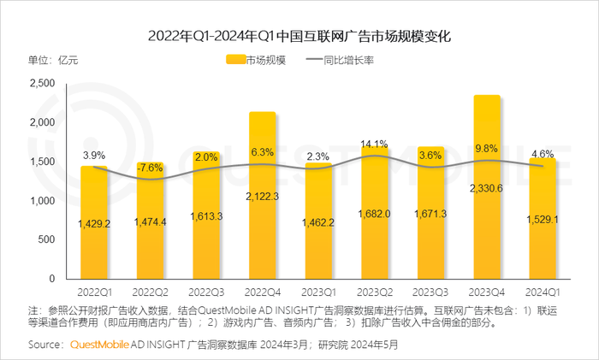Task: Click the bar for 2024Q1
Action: tap(543, 218)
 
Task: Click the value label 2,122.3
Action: tap(263, 221)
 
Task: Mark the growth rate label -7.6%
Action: tap(151, 167)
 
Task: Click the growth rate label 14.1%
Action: tap(375, 144)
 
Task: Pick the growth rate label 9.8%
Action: tap(487, 148)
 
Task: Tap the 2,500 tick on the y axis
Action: tap(42, 83)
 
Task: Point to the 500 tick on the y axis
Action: tap(47, 239)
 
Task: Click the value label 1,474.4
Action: tap(151, 221)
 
